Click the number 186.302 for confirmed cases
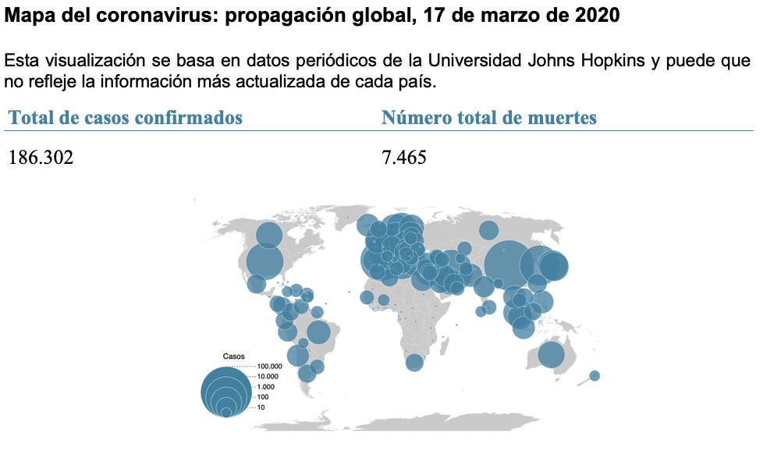pos(41,158)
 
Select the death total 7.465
pos(404,158)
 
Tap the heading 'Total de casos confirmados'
pos(126,118)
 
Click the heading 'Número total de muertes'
pos(489,118)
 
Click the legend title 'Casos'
pos(234,356)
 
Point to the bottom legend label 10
pos(261,407)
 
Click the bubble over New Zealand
pos(595,375)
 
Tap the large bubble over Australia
pos(551,355)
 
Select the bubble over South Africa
pos(414,362)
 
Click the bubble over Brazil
pos(318,332)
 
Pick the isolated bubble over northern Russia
pos(488,229)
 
